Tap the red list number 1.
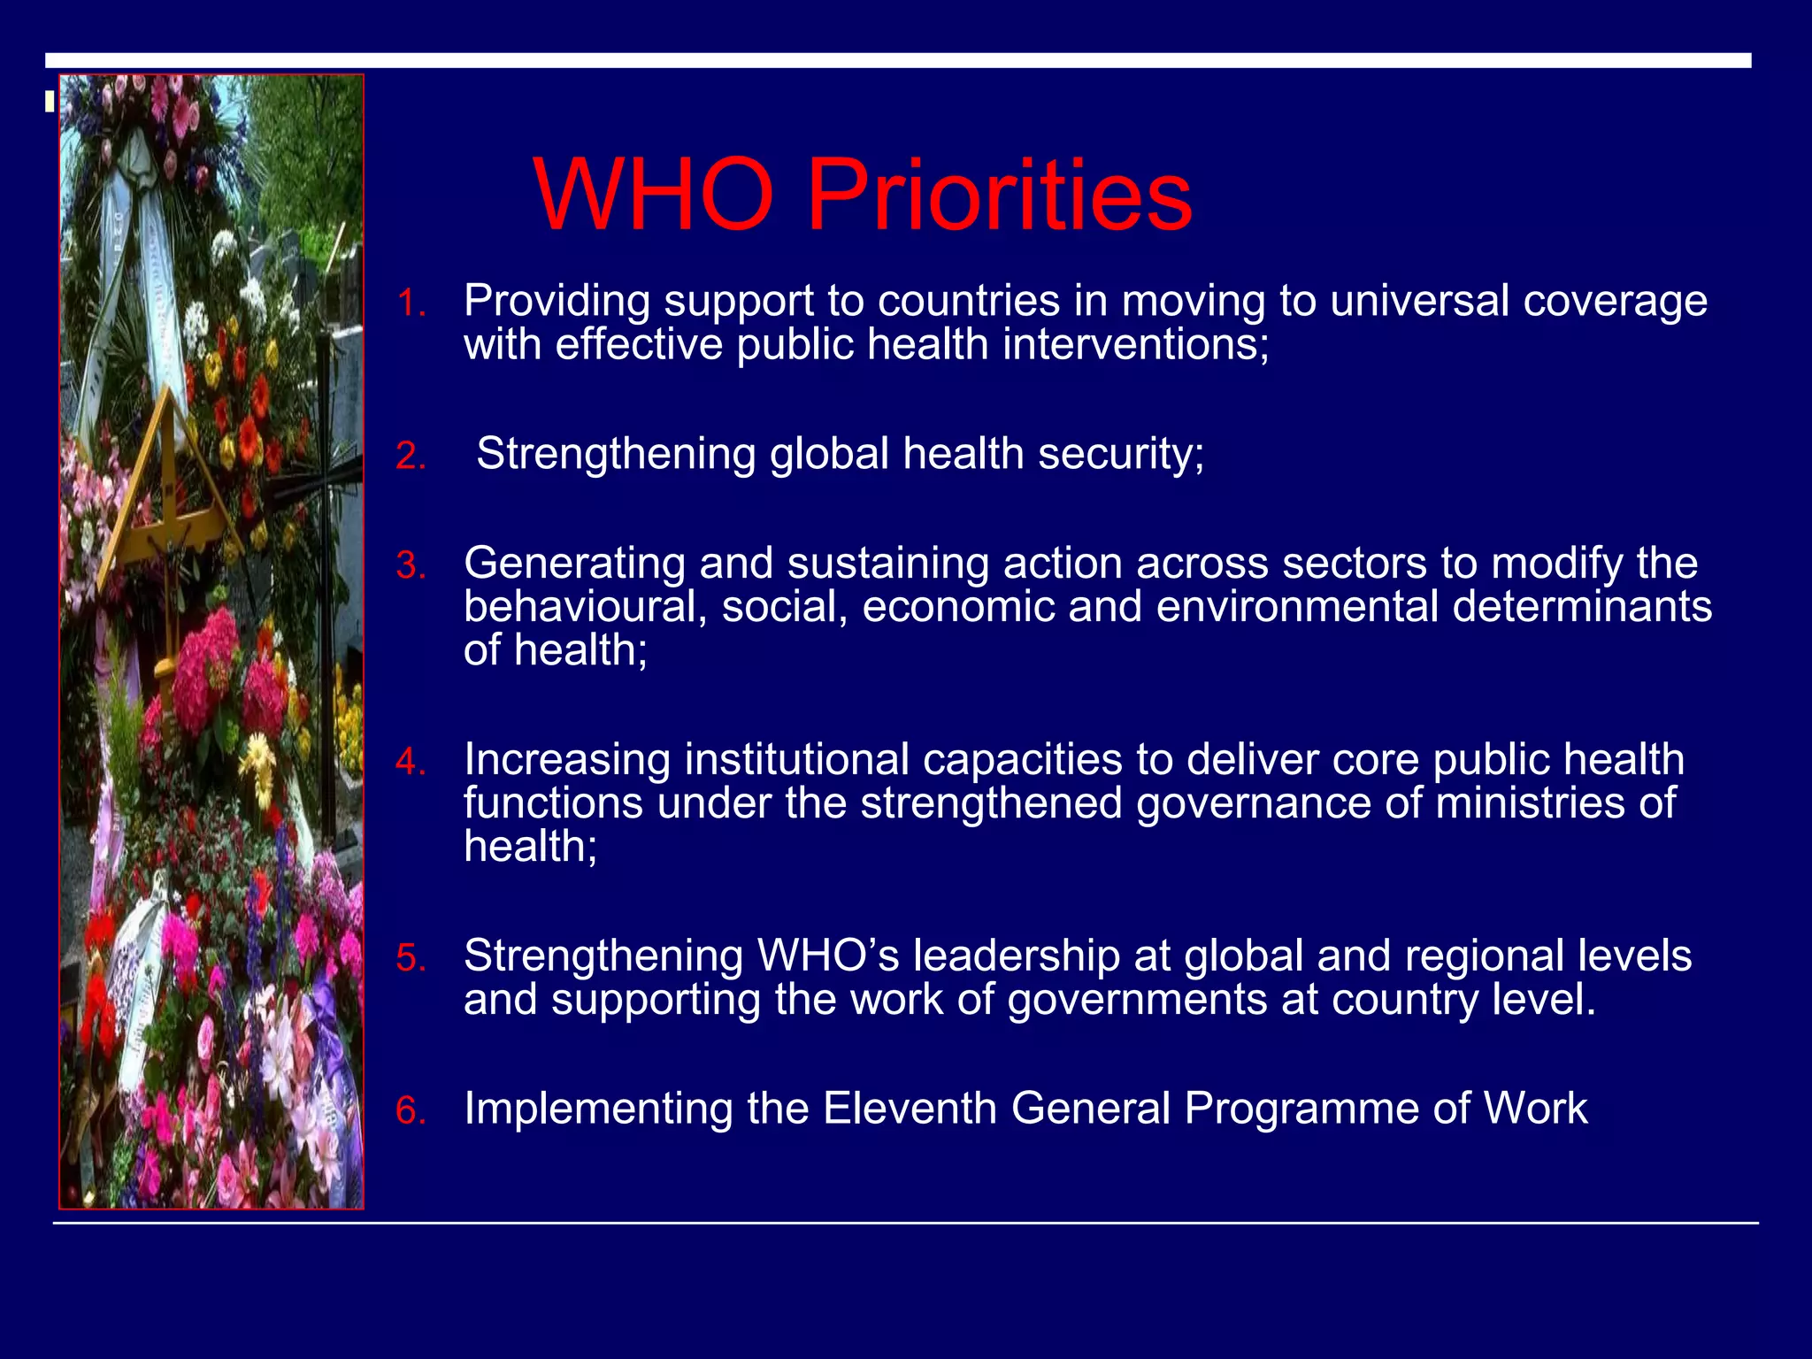point(410,304)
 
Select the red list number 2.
point(410,457)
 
